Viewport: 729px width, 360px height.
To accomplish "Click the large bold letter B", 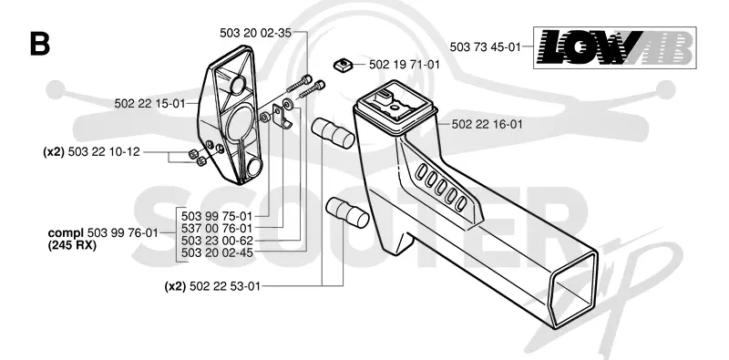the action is (x=39, y=44).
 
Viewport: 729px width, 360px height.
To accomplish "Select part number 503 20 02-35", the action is (x=255, y=33).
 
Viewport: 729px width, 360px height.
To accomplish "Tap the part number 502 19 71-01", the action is (x=404, y=65).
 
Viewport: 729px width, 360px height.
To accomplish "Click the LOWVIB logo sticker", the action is (x=614, y=48).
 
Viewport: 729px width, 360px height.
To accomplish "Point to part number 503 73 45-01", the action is (x=485, y=46).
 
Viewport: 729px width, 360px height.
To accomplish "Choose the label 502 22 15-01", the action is (x=149, y=103).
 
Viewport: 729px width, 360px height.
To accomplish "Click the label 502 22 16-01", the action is (x=487, y=124).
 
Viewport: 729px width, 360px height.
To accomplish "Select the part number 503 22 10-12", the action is (x=104, y=151).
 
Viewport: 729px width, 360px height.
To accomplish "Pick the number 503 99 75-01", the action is (x=217, y=216).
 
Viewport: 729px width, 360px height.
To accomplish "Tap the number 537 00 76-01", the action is (x=217, y=229).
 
